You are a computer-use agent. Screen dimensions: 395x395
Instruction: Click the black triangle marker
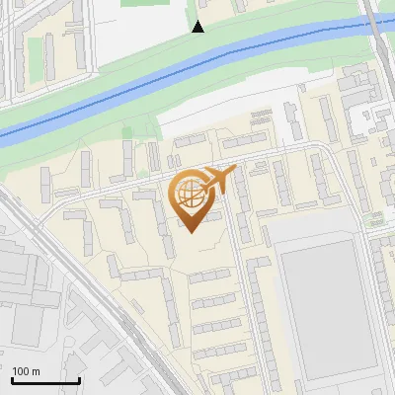(198, 27)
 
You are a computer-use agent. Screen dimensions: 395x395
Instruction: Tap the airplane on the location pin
(218, 179)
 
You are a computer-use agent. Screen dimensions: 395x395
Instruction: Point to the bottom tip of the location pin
(191, 232)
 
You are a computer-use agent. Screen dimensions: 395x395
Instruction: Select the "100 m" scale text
(26, 371)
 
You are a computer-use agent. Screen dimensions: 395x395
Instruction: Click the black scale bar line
(45, 380)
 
